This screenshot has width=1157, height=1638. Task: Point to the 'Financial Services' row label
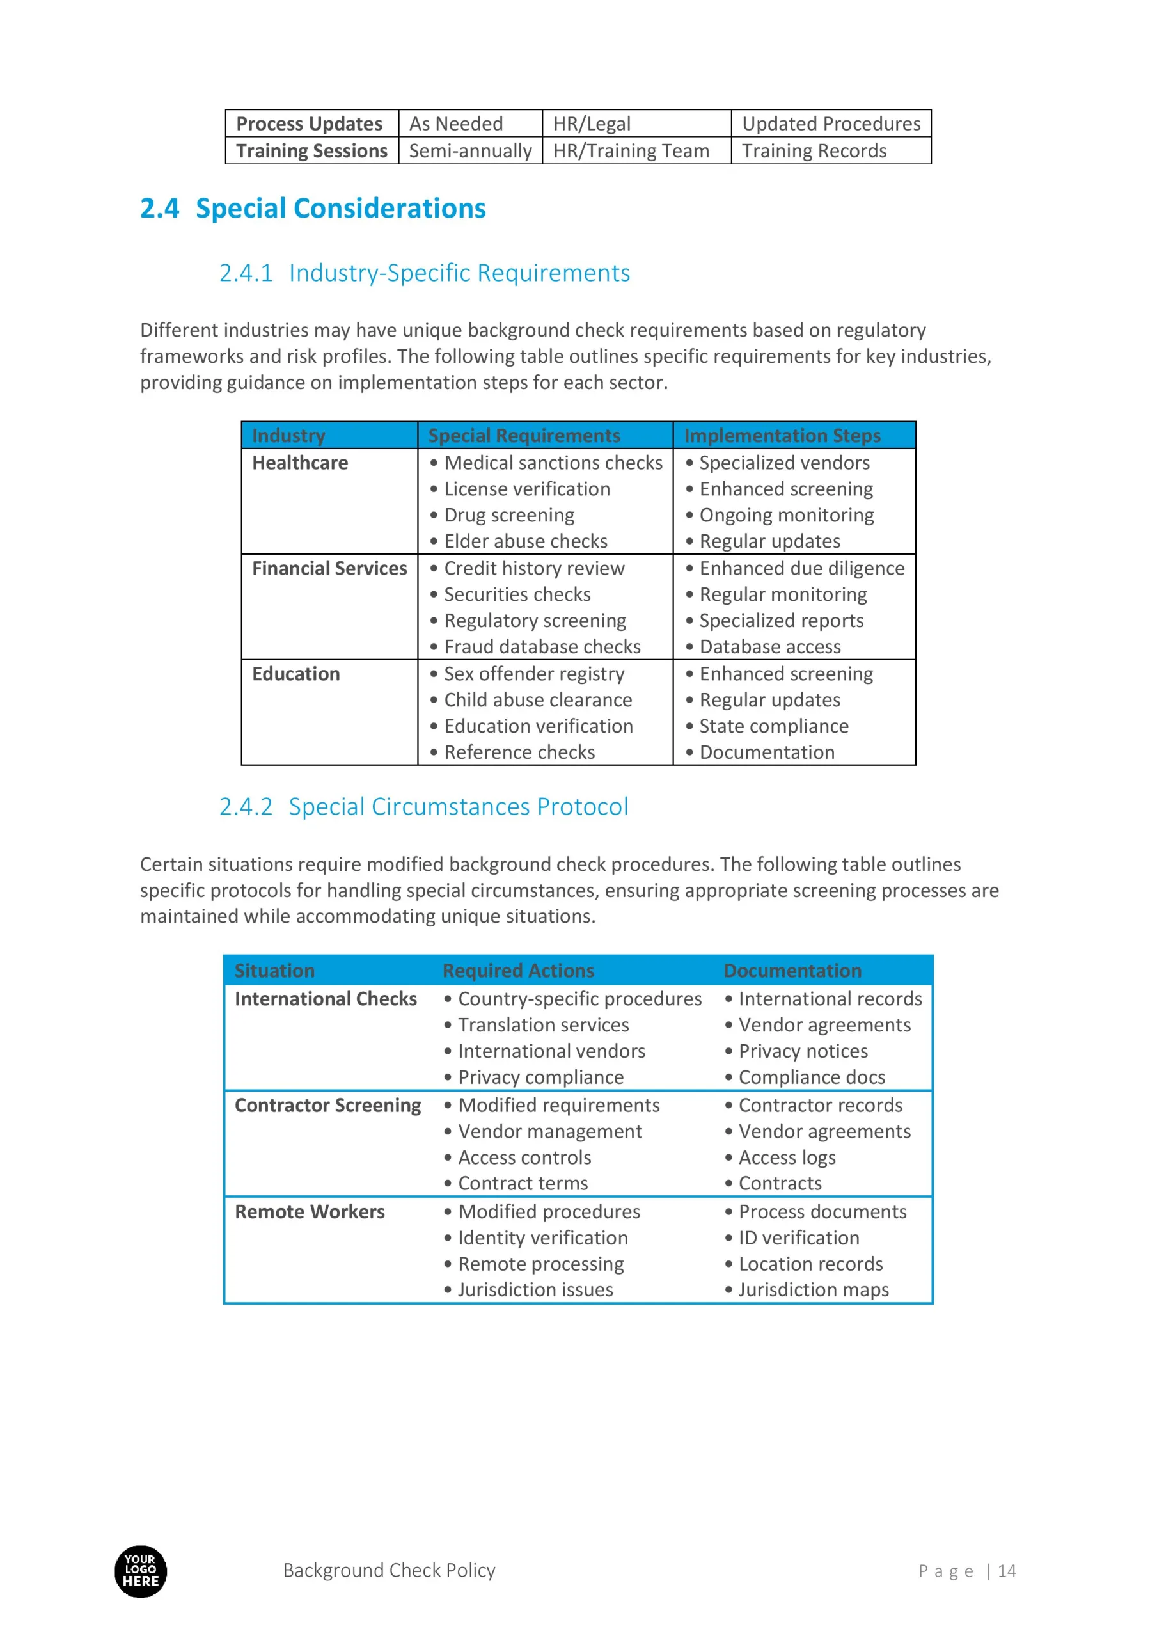pyautogui.click(x=329, y=569)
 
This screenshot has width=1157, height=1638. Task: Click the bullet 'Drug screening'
pyautogui.click(x=508, y=515)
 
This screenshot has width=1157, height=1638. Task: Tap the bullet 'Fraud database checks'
pyautogui.click(x=542, y=646)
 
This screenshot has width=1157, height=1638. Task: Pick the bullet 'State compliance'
pyautogui.click(x=773, y=726)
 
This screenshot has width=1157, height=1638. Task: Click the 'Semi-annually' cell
pyautogui.click(x=470, y=151)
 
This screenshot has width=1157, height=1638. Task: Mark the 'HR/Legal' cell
pyautogui.click(x=592, y=124)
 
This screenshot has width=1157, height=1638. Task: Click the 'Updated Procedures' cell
pyautogui.click(x=831, y=124)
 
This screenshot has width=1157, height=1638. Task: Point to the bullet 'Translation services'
pyautogui.click(x=543, y=1025)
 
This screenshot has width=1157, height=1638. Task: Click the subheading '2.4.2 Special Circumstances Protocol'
pyautogui.click(x=423, y=807)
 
